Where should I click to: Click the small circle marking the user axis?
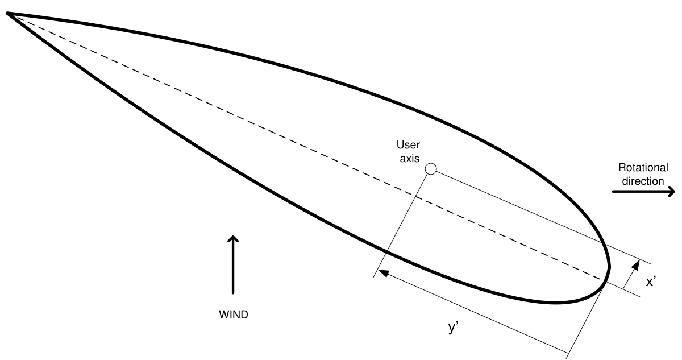pyautogui.click(x=431, y=169)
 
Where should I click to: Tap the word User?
pyautogui.click(x=408, y=146)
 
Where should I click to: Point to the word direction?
pyautogui.click(x=642, y=181)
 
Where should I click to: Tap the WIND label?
pyautogui.click(x=233, y=314)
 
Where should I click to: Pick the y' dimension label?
pyautogui.click(x=454, y=329)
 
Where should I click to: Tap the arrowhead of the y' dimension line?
pyautogui.click(x=383, y=273)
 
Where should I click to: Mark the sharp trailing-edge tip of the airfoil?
pyautogui.click(x=9, y=14)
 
